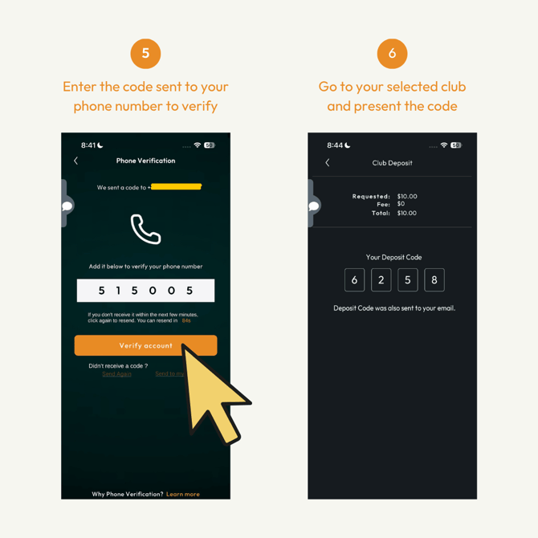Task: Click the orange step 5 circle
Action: click(x=145, y=54)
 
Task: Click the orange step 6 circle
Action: click(x=392, y=54)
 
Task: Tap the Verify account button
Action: click(x=145, y=345)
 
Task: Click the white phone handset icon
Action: click(x=145, y=229)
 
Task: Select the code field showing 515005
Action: click(x=145, y=291)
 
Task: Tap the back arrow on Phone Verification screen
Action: click(x=76, y=161)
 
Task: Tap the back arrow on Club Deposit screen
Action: click(x=328, y=162)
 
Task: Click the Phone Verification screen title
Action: click(x=145, y=161)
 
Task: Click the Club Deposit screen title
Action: click(x=392, y=163)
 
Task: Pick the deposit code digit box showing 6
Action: click(x=354, y=279)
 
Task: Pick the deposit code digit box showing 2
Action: click(x=381, y=279)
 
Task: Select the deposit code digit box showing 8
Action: click(x=434, y=279)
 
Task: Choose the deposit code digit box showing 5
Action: click(x=408, y=279)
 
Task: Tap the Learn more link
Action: click(x=183, y=494)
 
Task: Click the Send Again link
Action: click(x=117, y=374)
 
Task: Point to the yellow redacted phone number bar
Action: click(x=176, y=187)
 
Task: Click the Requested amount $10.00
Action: click(x=407, y=196)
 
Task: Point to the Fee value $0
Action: click(x=401, y=204)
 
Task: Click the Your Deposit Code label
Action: click(x=393, y=257)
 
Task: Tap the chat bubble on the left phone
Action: click(x=67, y=206)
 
